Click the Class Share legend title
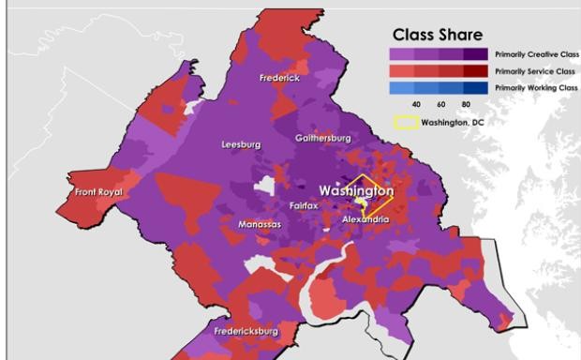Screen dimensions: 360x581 point(438,35)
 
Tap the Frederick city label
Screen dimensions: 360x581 point(280,78)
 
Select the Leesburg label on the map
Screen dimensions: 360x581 point(241,145)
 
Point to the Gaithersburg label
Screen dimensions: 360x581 point(322,138)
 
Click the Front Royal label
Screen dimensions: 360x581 point(98,192)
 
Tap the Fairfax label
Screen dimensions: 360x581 point(305,204)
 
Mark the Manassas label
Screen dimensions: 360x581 point(260,225)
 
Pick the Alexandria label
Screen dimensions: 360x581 point(365,218)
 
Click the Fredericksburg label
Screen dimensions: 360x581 point(246,331)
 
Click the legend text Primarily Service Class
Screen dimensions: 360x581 point(535,71)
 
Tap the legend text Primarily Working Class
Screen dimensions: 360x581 point(536,87)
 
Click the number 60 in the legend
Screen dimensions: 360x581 point(441,104)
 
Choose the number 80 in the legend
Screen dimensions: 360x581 point(466,104)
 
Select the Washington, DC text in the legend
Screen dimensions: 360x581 point(451,122)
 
